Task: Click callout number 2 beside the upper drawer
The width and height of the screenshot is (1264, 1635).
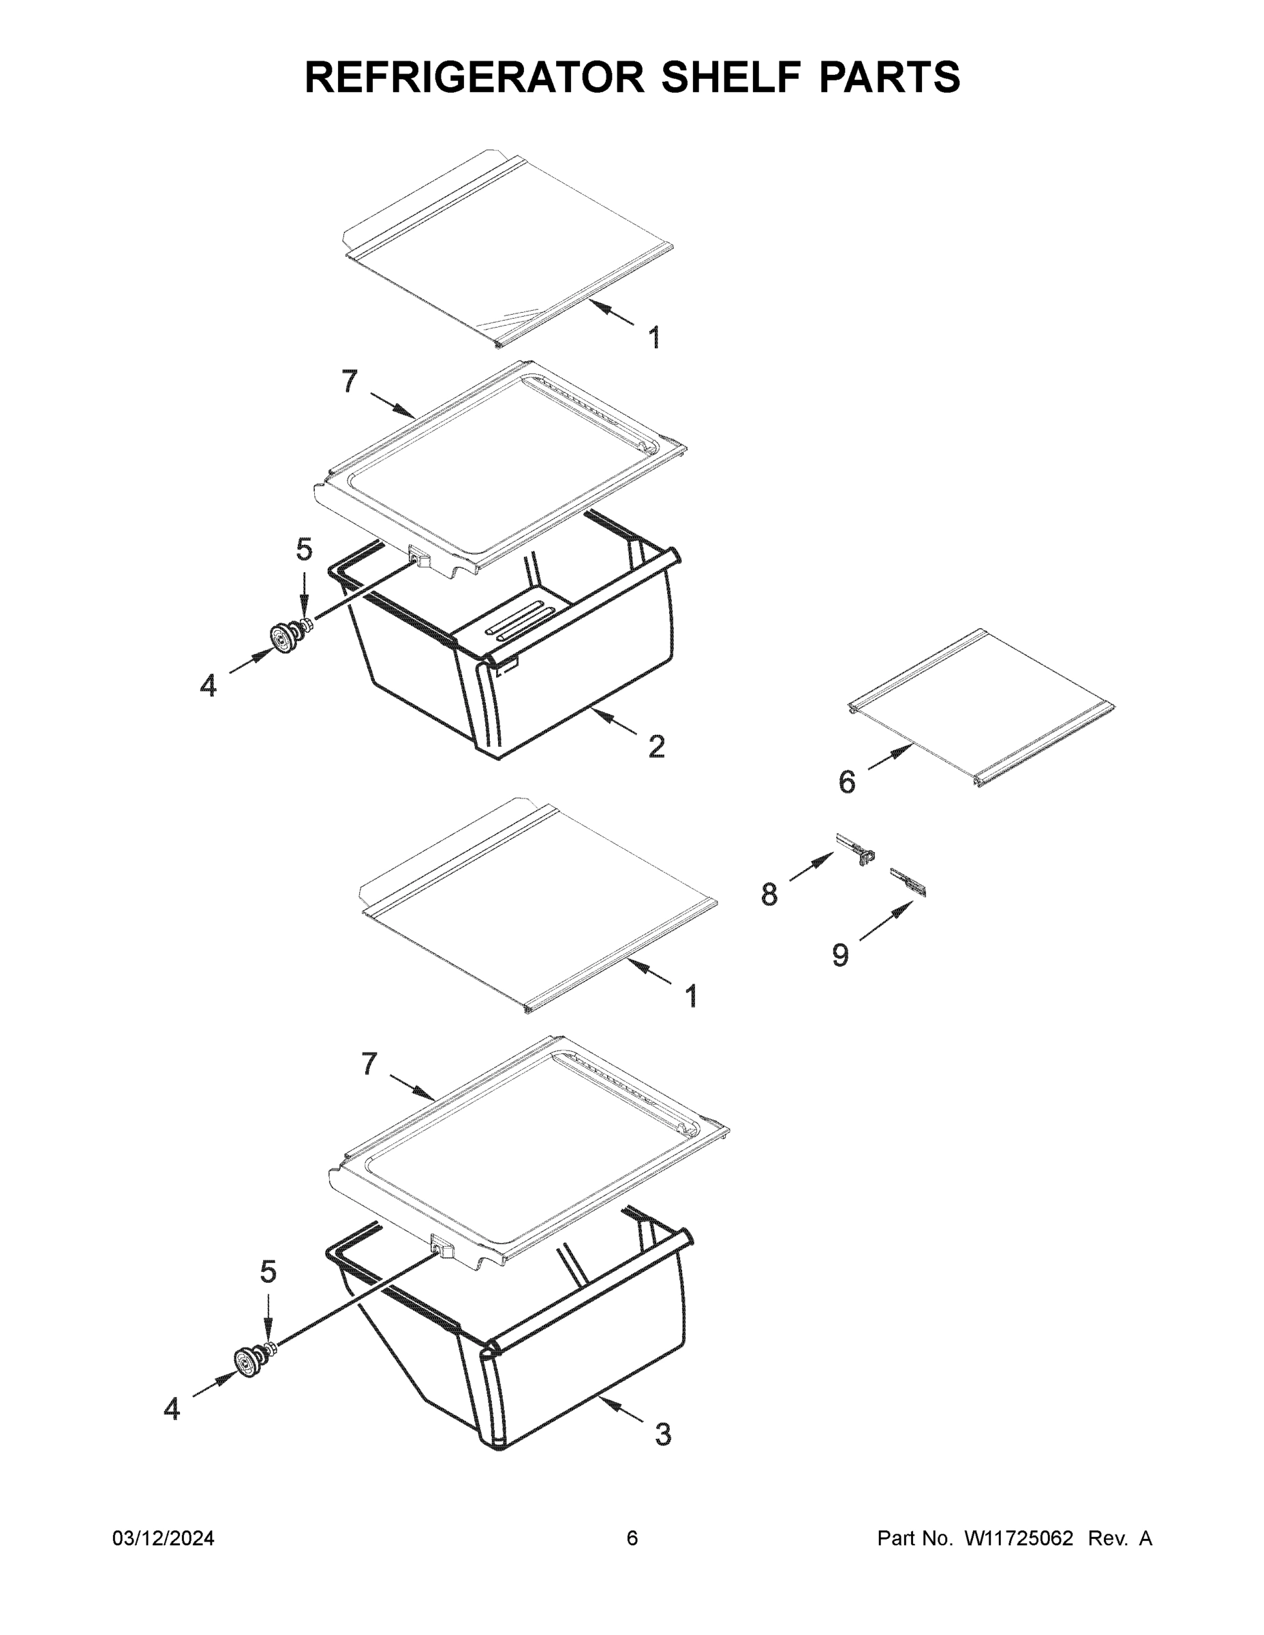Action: coord(656,747)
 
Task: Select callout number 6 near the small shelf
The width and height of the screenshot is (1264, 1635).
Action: coord(847,782)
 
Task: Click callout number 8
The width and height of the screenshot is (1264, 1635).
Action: coord(770,894)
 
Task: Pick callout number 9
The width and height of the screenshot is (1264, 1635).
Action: coord(840,955)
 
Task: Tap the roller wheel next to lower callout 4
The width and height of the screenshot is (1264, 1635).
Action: coord(248,1360)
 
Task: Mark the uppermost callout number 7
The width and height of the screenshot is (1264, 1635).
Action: coord(350,381)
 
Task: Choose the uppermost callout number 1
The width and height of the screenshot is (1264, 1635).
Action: coord(654,338)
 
